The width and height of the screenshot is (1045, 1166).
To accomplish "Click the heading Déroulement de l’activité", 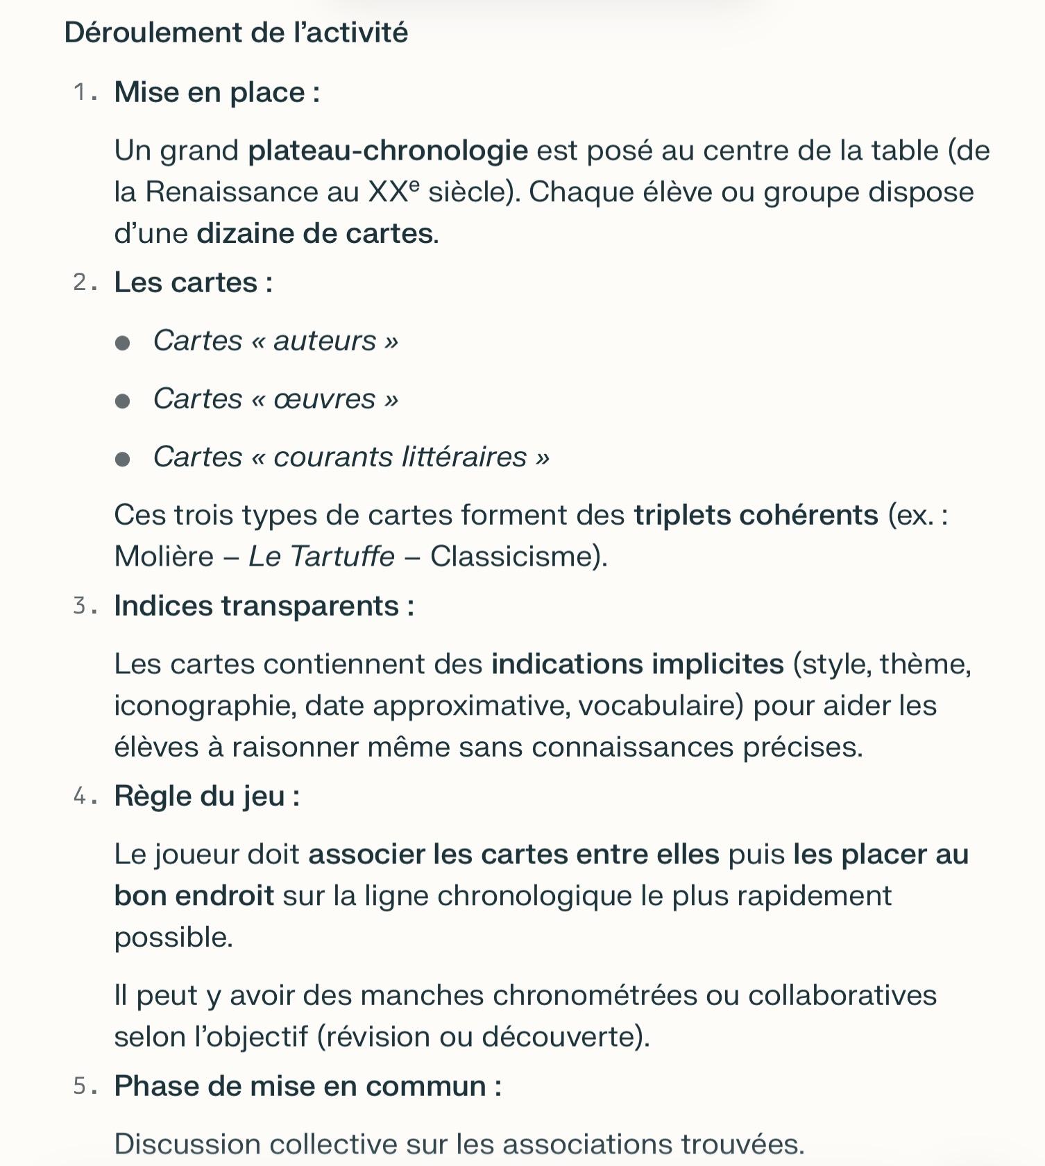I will pos(236,33).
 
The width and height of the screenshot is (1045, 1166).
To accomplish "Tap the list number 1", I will pos(81,92).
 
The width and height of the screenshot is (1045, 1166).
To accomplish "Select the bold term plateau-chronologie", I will pos(388,151).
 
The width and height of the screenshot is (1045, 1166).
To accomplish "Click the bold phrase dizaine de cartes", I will pos(316,233).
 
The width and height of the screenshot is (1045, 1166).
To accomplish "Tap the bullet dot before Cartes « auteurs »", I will pos(123,343).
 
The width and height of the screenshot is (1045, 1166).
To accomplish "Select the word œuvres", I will pos(324,399).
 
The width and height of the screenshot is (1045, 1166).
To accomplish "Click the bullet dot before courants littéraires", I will pos(123,459).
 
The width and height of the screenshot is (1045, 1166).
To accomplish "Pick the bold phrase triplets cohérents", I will pos(756,515).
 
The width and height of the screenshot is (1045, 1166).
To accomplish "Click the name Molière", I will pos(164,557).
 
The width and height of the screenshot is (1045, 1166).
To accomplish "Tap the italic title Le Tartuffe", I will pos(321,557).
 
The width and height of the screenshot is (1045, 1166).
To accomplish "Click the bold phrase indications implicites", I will pos(637,664).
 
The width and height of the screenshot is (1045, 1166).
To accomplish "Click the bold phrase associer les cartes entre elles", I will pos(513,854).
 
